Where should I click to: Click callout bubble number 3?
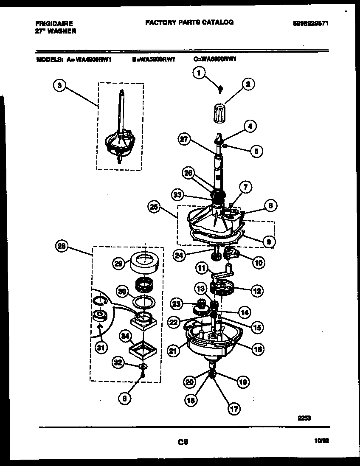tap(60, 85)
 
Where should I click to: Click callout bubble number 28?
tap(62, 246)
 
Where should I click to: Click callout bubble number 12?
tap(257, 291)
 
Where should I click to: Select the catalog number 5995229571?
tap(311, 24)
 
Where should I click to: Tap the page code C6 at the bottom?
tap(183, 442)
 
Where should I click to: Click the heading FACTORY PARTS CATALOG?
tap(189, 22)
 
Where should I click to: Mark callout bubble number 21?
tap(172, 351)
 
